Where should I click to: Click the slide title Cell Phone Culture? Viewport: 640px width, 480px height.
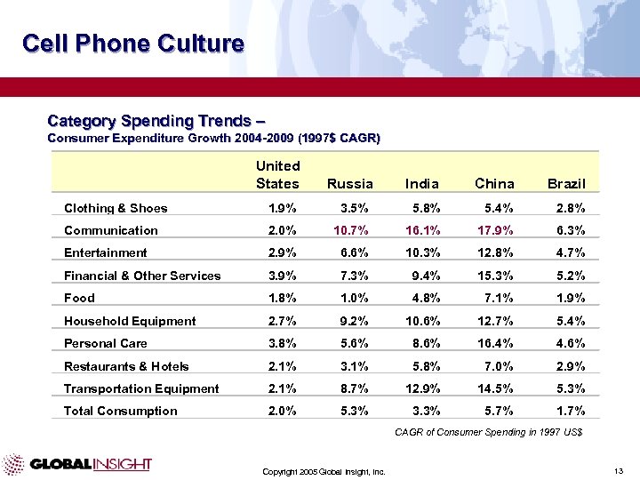[x=132, y=44]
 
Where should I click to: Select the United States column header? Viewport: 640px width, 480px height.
[x=277, y=174]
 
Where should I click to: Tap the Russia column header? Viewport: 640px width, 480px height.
[x=350, y=184]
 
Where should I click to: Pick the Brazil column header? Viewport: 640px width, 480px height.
[x=566, y=184]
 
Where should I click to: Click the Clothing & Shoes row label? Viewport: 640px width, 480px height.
[x=116, y=208]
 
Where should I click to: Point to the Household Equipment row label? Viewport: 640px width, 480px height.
[x=130, y=321]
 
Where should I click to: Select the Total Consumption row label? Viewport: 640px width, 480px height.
[x=120, y=411]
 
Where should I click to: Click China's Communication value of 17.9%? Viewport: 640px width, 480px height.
[x=495, y=230]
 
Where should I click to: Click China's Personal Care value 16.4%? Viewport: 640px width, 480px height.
[x=495, y=343]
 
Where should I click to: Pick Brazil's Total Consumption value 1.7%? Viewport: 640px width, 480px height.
[x=569, y=411]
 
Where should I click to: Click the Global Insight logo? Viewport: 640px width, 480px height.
[x=77, y=464]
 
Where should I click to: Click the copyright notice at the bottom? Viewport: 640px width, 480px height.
[x=324, y=471]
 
